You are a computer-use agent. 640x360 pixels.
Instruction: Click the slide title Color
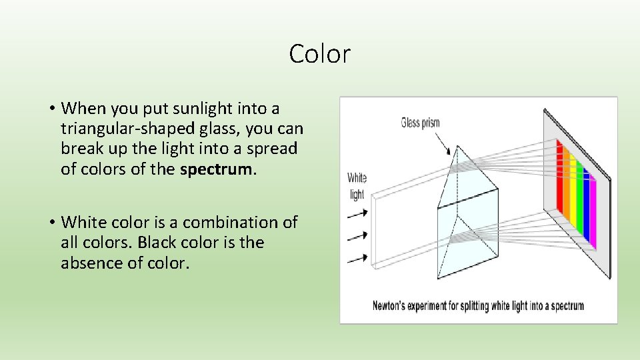pos(319,54)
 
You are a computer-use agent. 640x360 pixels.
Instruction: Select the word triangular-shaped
pos(121,128)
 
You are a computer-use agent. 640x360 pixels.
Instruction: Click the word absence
pos(89,263)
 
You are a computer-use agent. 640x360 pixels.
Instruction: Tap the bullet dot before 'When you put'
pos(51,108)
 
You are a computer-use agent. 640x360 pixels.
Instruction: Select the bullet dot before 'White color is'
pos(51,222)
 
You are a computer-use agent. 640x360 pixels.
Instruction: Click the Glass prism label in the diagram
pos(420,123)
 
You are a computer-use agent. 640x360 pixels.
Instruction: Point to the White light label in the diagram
pos(357,186)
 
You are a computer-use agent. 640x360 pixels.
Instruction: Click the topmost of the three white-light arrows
pos(357,214)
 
